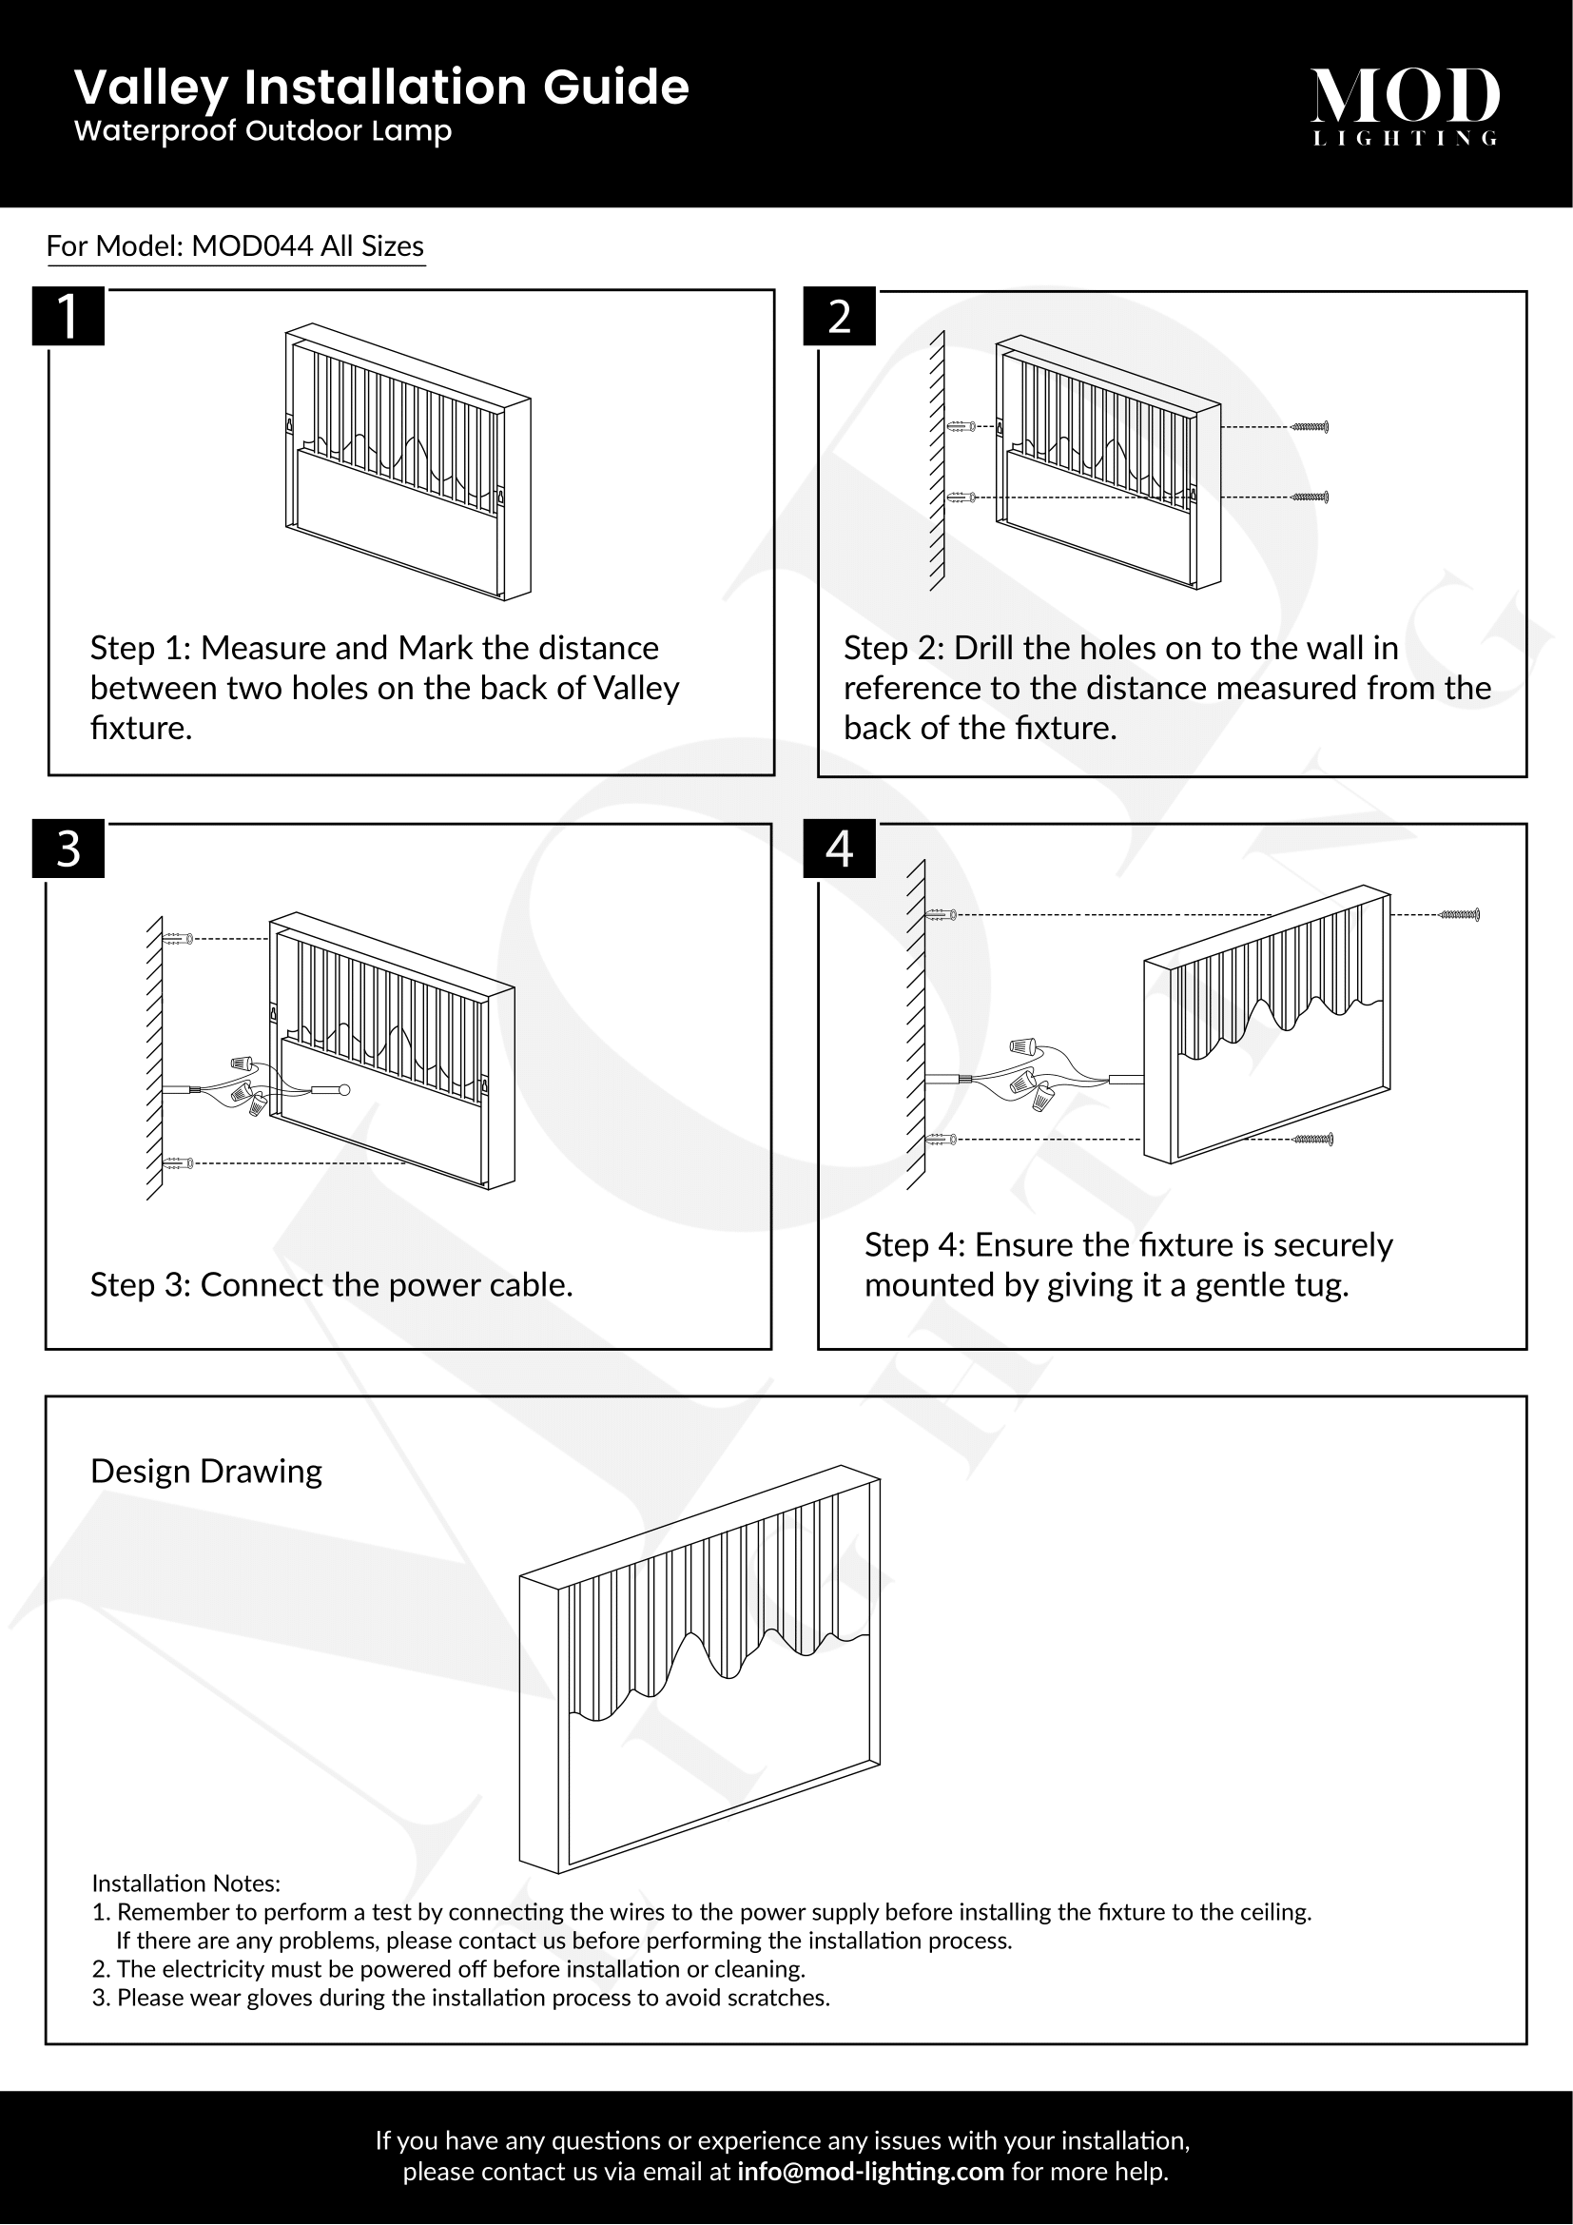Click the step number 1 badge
[x=68, y=316]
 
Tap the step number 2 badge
[x=839, y=316]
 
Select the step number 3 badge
[x=68, y=849]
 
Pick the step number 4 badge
[x=839, y=849]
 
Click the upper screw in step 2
[x=1310, y=426]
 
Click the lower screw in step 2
[x=1310, y=498]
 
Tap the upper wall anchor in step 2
[x=960, y=426]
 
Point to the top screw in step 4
[x=1460, y=914]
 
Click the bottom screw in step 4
[x=1313, y=1139]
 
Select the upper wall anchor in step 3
[x=179, y=938]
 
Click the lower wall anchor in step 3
[x=179, y=1161]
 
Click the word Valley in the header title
[x=151, y=88]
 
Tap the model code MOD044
[x=252, y=246]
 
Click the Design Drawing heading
[x=205, y=1471]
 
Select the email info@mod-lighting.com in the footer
[x=870, y=2172]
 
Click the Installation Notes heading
[x=186, y=1883]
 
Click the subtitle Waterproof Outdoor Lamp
[x=262, y=131]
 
